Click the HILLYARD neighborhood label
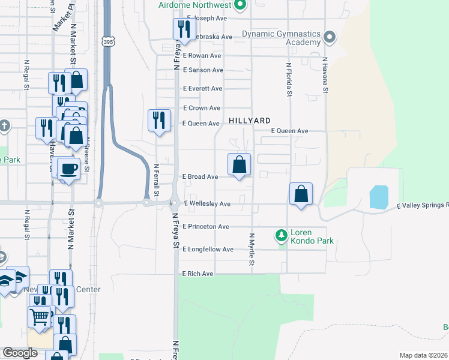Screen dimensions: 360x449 pos(249,121)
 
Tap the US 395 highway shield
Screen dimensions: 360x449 pos(107,42)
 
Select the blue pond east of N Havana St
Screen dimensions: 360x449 pos(379,197)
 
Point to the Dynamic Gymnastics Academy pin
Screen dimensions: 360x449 pos(329,38)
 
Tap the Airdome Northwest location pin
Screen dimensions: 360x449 pos(240,6)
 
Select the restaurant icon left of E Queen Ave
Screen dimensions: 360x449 pos(158,120)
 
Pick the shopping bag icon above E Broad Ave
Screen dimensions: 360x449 pos(239,164)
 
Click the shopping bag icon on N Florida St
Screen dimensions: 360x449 pos(301,194)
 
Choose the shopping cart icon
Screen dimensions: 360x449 pos(39,316)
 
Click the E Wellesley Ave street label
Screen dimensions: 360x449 pos(207,204)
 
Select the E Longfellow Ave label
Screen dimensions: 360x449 pos(208,249)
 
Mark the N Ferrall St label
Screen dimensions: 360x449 pos(155,181)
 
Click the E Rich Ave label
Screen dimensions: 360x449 pos(198,274)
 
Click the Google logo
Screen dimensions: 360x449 pos(20,353)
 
